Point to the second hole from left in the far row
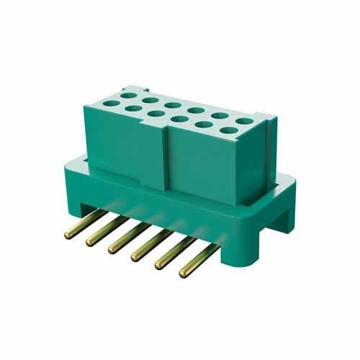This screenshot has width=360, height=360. (x=150, y=99)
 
